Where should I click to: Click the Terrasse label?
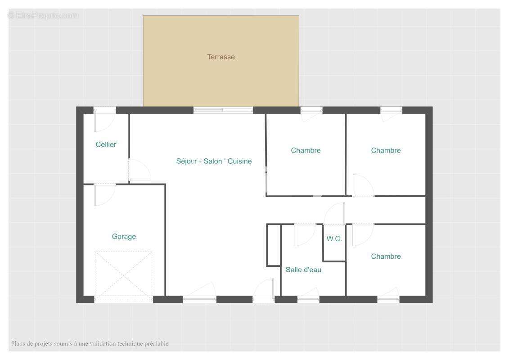click(x=221, y=57)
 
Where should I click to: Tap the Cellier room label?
click(x=106, y=144)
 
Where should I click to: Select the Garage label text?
click(x=124, y=237)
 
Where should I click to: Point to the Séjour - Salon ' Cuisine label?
click(x=214, y=161)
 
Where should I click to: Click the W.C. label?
click(x=334, y=238)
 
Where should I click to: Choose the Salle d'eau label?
click(x=303, y=270)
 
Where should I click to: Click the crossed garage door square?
click(x=123, y=274)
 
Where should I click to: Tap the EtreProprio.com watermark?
click(x=44, y=15)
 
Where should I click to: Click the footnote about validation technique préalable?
click(x=90, y=343)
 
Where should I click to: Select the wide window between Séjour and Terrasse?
click(x=223, y=110)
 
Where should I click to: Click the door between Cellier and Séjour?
click(x=140, y=170)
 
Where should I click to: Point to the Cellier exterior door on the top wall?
click(x=104, y=119)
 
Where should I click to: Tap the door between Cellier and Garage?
click(x=104, y=194)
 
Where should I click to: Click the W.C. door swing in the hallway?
click(x=334, y=214)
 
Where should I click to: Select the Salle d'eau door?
click(x=305, y=234)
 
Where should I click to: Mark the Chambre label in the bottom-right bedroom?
click(x=386, y=256)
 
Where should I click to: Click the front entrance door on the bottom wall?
click(x=264, y=291)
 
